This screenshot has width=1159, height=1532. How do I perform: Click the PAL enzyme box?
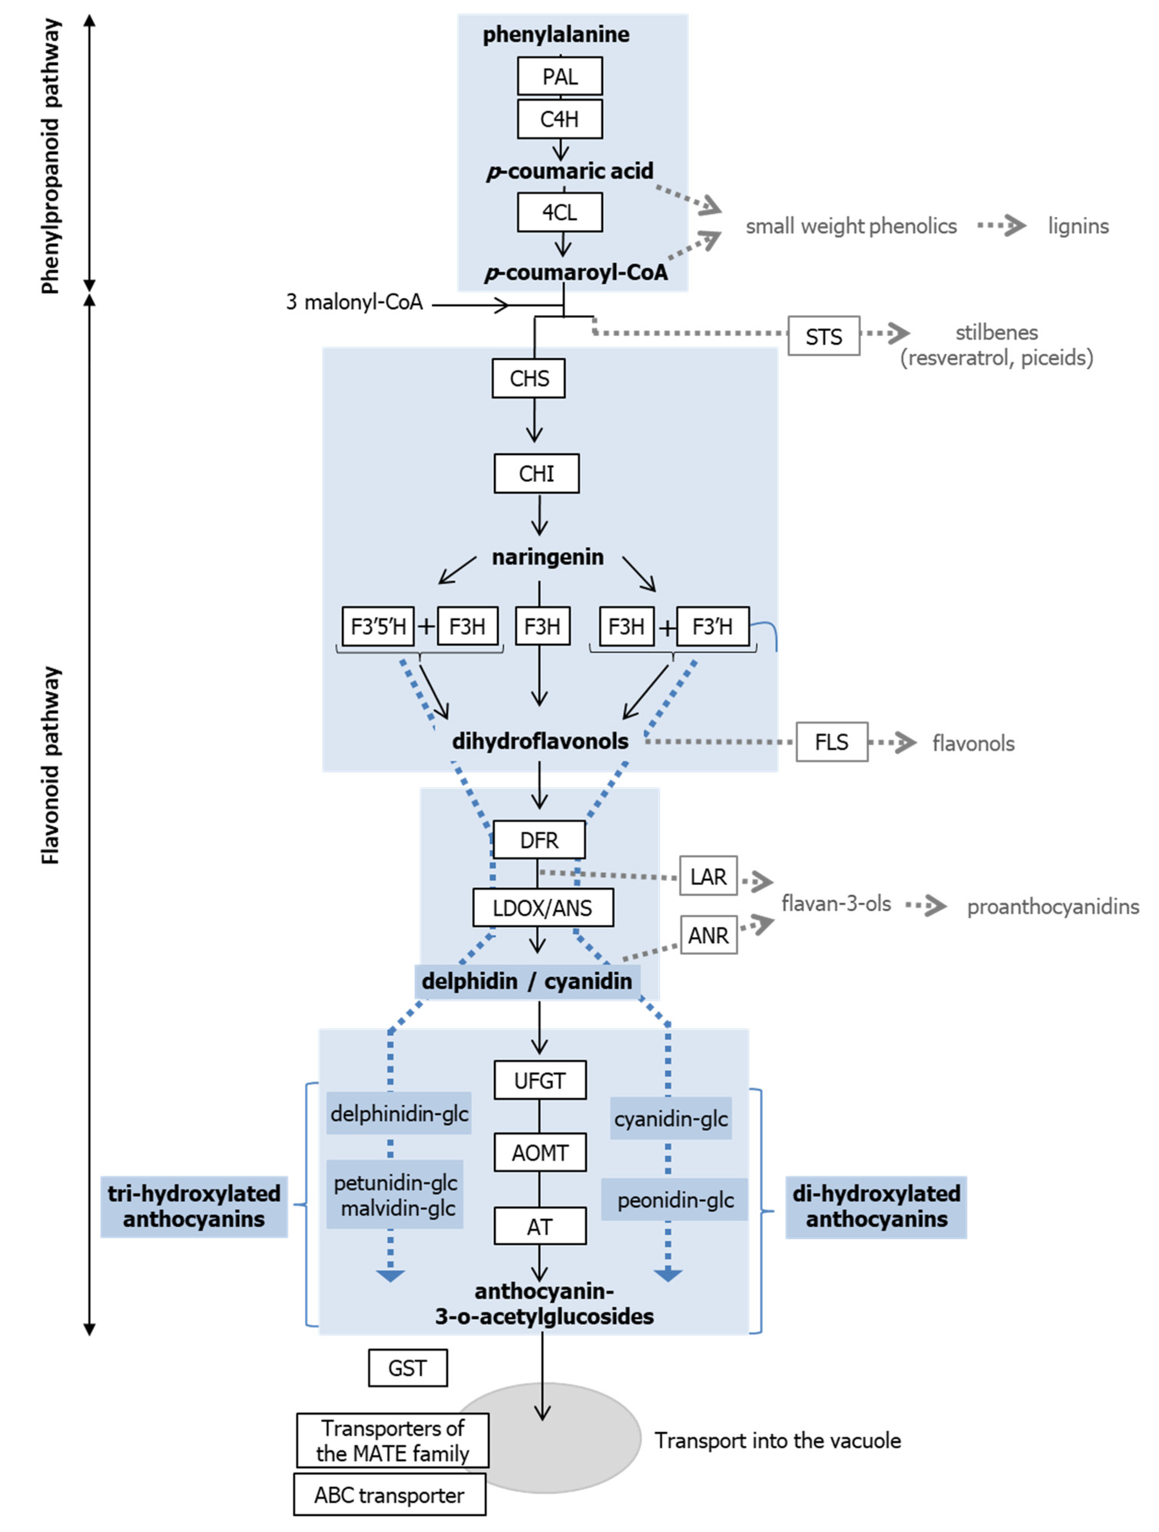coord(559,76)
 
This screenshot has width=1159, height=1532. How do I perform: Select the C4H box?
coord(559,119)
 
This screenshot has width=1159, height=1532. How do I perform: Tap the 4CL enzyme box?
coord(559,212)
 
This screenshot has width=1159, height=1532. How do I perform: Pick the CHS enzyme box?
coord(528,378)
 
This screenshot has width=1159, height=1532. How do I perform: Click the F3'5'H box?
coord(378,626)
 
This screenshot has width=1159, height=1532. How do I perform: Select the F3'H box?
coord(713,626)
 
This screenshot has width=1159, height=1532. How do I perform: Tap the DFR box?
coord(539,840)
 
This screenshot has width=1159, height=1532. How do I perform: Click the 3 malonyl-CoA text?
coord(354,302)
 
